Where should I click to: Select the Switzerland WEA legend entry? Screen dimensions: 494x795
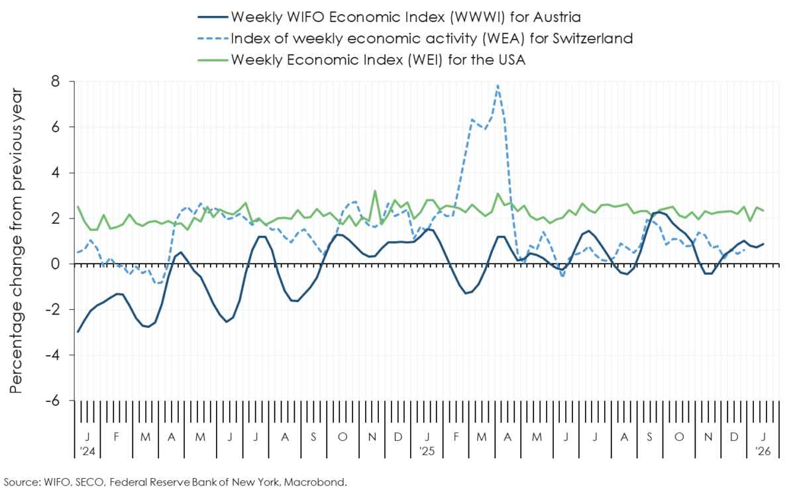tap(431, 38)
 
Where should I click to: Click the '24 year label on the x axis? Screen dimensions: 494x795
tap(86, 451)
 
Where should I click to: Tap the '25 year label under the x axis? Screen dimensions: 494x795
tap(427, 451)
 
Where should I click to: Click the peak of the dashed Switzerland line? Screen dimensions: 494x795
tap(498, 85)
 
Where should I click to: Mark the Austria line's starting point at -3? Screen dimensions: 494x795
tap(78, 332)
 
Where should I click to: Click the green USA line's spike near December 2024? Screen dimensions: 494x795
tap(375, 191)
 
